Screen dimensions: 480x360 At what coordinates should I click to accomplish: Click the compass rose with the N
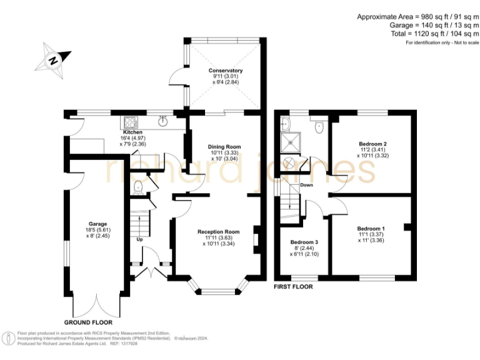pyautogui.click(x=53, y=60)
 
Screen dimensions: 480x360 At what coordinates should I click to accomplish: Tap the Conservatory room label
pyautogui.click(x=226, y=71)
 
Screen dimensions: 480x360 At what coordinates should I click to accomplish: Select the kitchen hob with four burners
pyautogui.click(x=131, y=122)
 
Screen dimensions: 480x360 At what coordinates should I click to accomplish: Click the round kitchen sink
pyautogui.click(x=164, y=121)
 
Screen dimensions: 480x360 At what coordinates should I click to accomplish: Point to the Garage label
pyautogui.click(x=98, y=224)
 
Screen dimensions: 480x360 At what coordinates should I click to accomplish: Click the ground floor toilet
pyautogui.click(x=138, y=187)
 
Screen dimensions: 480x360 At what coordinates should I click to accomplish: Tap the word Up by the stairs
pyautogui.click(x=139, y=239)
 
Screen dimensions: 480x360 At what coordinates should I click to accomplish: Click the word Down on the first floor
pyautogui.click(x=306, y=185)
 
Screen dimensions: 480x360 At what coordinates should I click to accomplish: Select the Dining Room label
pyautogui.click(x=224, y=147)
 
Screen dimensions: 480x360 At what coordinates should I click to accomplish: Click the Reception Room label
pyautogui.click(x=219, y=232)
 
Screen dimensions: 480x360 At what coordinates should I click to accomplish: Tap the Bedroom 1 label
pyautogui.click(x=371, y=229)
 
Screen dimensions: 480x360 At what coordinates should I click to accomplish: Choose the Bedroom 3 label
pyautogui.click(x=304, y=242)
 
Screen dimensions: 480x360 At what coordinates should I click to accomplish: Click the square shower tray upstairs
pyautogui.click(x=291, y=142)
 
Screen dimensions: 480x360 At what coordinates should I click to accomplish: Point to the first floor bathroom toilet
pyautogui.click(x=319, y=126)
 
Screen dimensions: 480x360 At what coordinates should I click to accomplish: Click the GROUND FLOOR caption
pyautogui.click(x=88, y=322)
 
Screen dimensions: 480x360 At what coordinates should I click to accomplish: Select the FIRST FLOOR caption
pyautogui.click(x=293, y=287)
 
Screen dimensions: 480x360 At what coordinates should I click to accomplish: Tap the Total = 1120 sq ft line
pyautogui.click(x=435, y=33)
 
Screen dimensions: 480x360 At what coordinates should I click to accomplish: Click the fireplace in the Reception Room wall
pyautogui.click(x=256, y=240)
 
